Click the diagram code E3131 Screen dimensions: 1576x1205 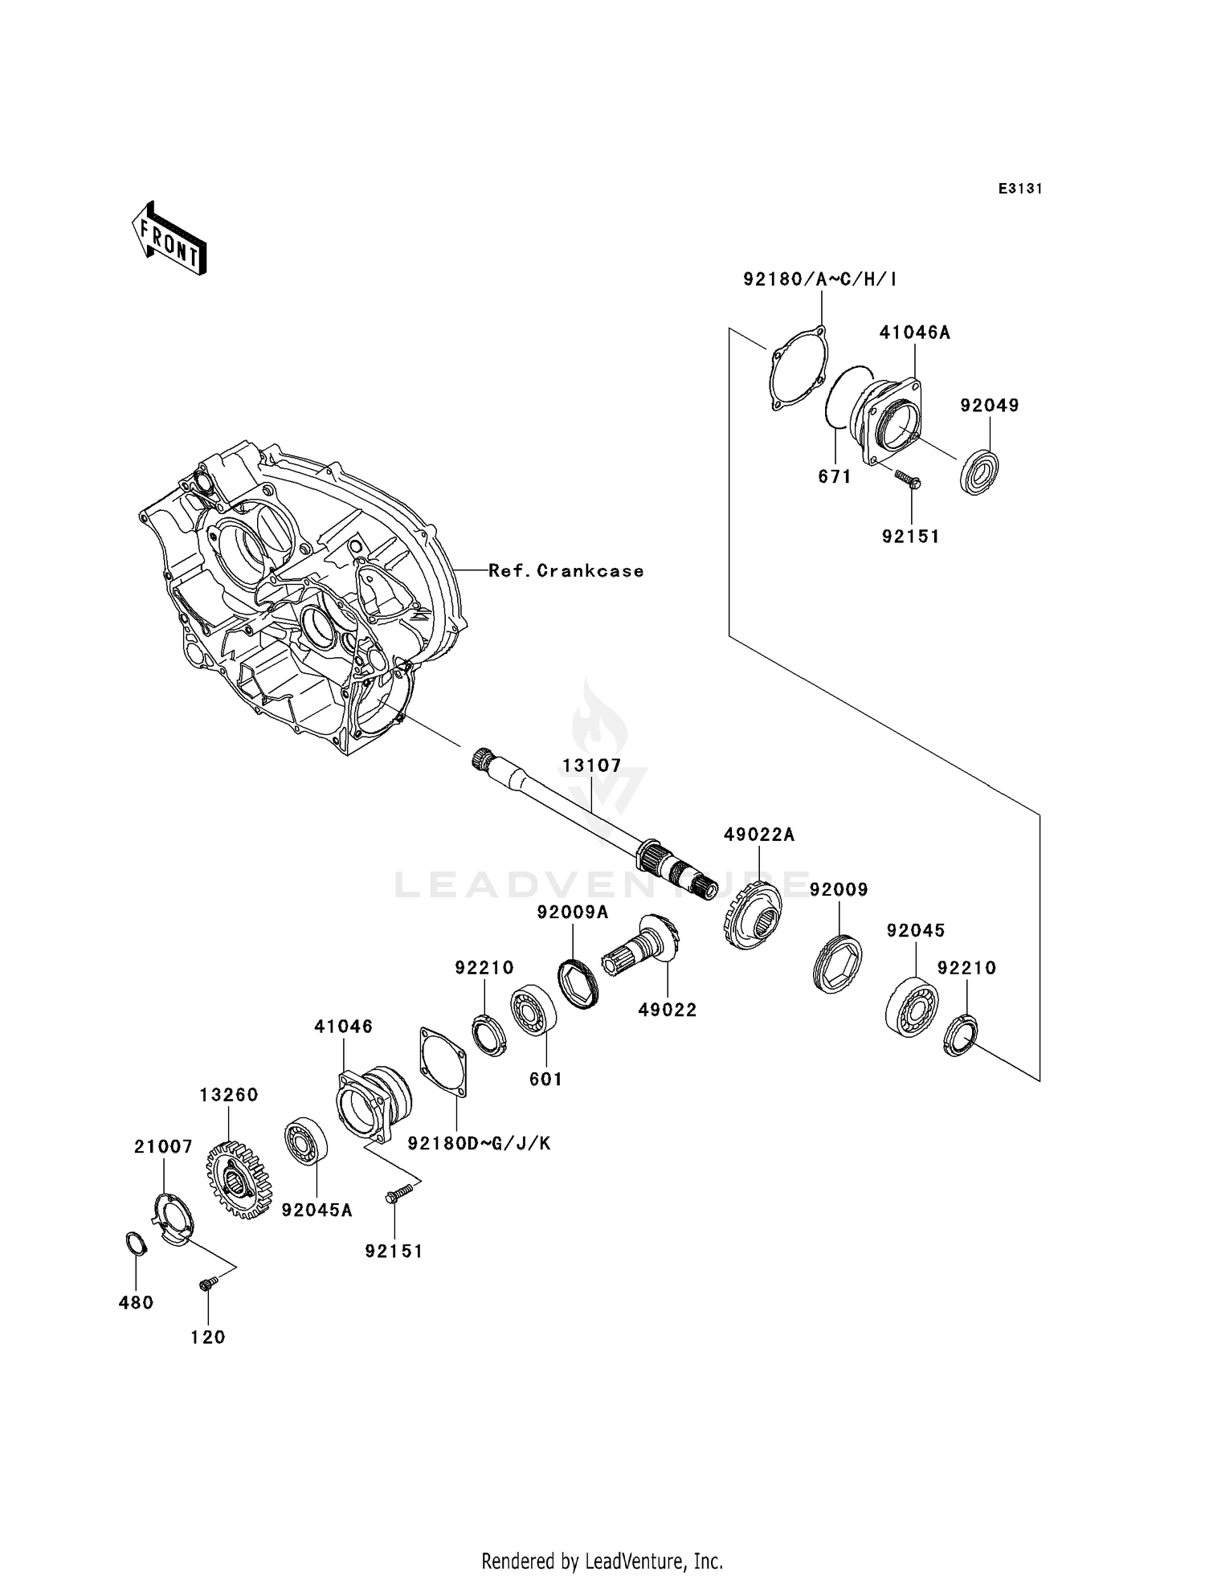click(x=1019, y=189)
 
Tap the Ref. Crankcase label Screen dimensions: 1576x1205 click(x=566, y=571)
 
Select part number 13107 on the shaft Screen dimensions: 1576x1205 click(x=592, y=766)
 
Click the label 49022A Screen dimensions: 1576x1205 click(x=758, y=835)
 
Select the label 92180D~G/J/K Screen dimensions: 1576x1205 click(x=479, y=1143)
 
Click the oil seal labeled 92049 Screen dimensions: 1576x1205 click(x=980, y=473)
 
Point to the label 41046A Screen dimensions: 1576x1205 click(x=914, y=333)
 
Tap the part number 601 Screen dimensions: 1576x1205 click(x=545, y=1080)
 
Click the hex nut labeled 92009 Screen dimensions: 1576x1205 click(x=837, y=963)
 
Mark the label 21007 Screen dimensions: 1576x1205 click(x=163, y=1147)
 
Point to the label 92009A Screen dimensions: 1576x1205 click(x=573, y=913)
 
